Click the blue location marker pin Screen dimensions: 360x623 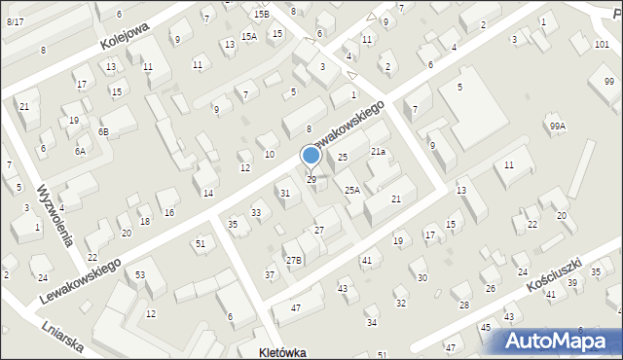click(311, 156)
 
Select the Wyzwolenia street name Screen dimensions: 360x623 click(57, 215)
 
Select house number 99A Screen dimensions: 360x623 click(557, 126)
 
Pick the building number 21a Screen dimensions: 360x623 click(378, 152)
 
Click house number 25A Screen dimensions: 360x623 click(351, 191)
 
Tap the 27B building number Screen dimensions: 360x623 click(293, 260)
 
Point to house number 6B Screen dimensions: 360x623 click(102, 131)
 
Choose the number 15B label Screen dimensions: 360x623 click(261, 15)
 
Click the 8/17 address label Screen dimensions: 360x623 click(15, 21)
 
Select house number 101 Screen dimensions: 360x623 click(603, 45)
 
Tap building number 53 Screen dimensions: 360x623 click(140, 275)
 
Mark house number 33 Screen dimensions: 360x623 click(256, 212)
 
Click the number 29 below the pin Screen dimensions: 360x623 click(311, 180)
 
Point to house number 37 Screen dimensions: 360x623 click(270, 275)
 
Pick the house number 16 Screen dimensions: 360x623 click(169, 212)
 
